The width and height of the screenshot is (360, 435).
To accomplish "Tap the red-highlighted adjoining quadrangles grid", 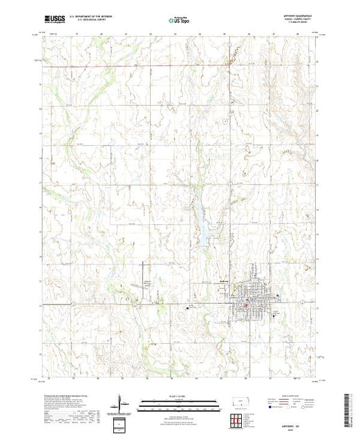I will click(x=236, y=419).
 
